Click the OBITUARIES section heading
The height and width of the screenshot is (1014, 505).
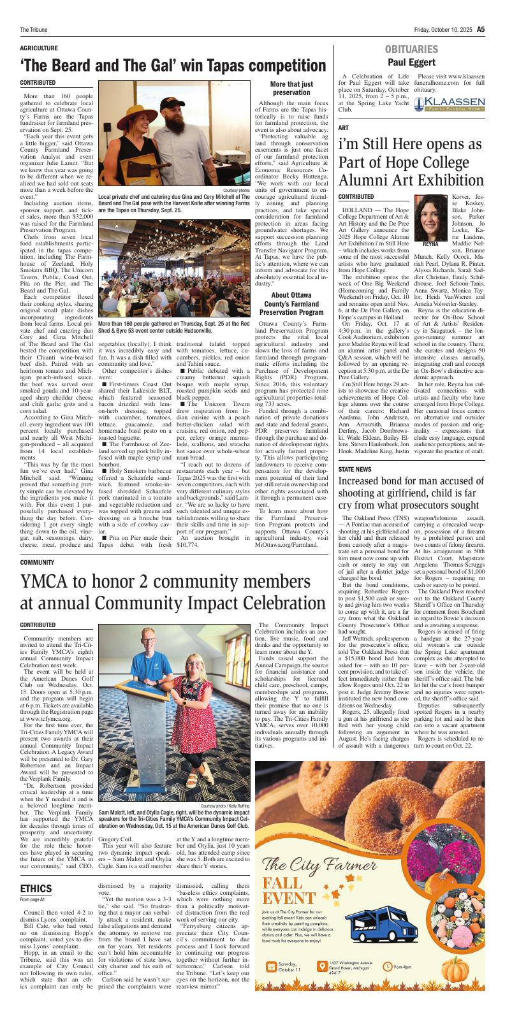click(411, 50)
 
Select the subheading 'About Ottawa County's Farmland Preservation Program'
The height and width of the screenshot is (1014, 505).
click(291, 304)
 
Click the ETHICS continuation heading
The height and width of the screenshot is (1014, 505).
click(36, 888)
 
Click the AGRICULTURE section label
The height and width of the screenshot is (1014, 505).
click(39, 48)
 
